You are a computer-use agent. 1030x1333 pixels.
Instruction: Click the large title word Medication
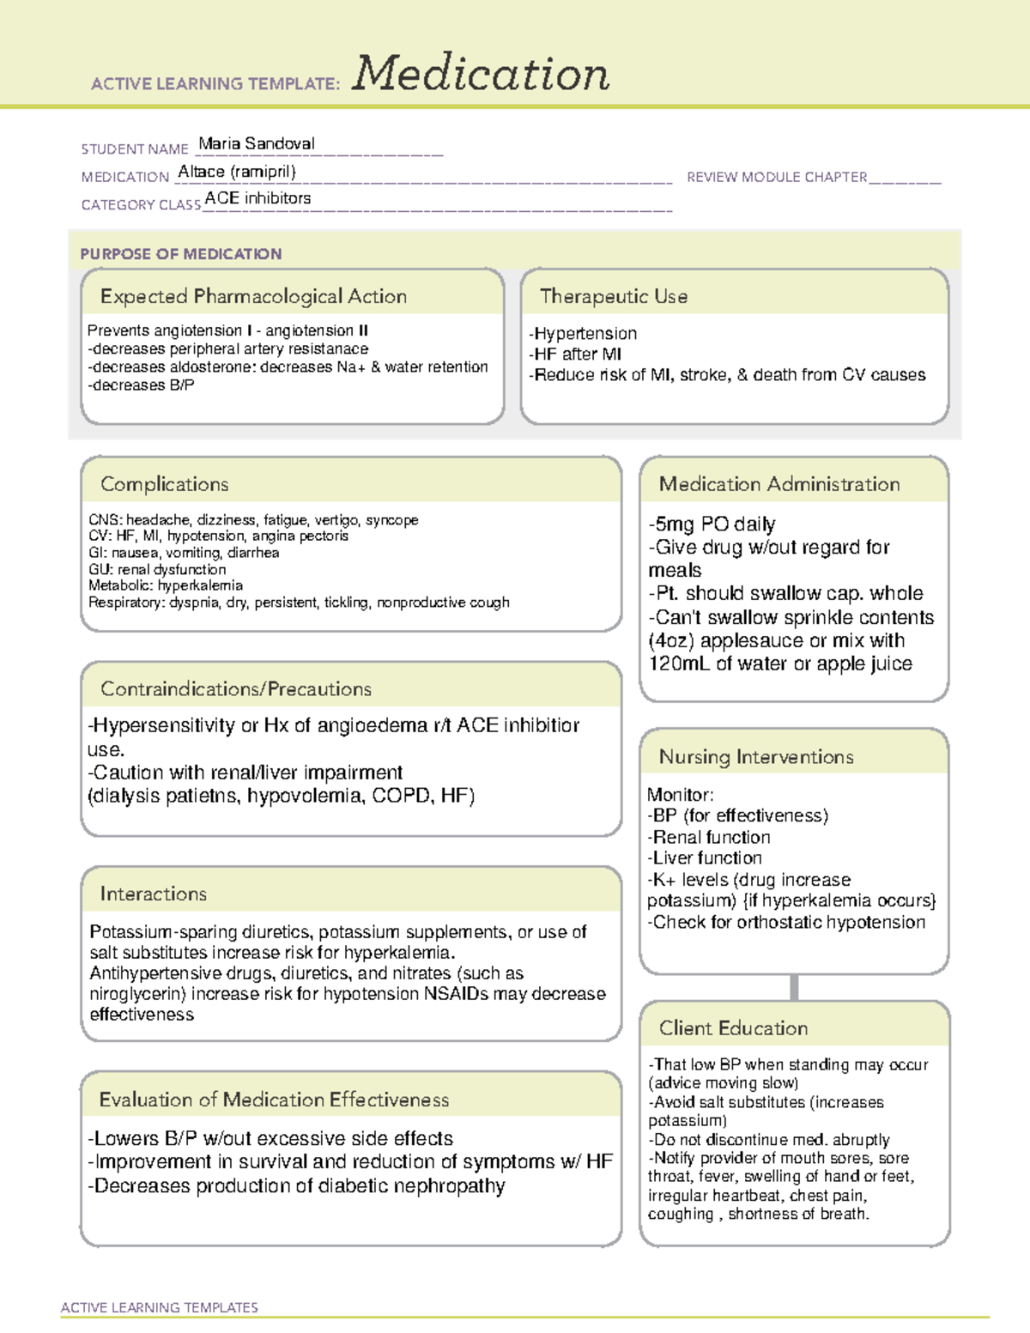[x=481, y=74]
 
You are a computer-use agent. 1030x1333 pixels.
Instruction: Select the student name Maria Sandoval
[x=257, y=143]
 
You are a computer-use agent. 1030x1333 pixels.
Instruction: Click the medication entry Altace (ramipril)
[x=237, y=172]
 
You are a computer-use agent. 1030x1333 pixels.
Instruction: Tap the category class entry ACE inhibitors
[x=257, y=198]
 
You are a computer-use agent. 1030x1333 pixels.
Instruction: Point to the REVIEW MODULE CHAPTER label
[x=777, y=177]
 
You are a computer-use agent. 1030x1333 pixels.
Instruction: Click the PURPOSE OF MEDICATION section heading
[x=180, y=254]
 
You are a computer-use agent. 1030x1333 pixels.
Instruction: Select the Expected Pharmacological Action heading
[x=253, y=296]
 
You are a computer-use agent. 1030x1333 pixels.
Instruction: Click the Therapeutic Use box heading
[x=613, y=296]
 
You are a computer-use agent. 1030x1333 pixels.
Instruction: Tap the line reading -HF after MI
[x=575, y=354]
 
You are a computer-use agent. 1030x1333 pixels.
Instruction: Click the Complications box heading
[x=164, y=484]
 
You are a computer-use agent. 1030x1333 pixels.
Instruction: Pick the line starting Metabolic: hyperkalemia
[x=166, y=585]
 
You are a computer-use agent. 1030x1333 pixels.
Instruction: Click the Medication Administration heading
[x=779, y=484]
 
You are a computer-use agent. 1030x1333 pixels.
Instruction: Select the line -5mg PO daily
[x=712, y=524]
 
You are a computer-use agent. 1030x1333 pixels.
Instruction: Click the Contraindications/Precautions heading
[x=235, y=688]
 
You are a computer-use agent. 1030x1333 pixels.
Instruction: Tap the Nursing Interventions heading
[x=756, y=756]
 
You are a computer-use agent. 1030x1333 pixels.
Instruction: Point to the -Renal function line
[x=709, y=837]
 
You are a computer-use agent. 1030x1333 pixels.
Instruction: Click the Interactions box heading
[x=153, y=894]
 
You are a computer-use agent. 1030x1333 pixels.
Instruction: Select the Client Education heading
[x=733, y=1027]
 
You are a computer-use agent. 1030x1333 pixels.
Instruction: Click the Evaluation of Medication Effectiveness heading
[x=274, y=1100]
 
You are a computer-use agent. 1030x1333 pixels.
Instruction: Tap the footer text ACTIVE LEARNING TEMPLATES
[x=160, y=1307]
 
